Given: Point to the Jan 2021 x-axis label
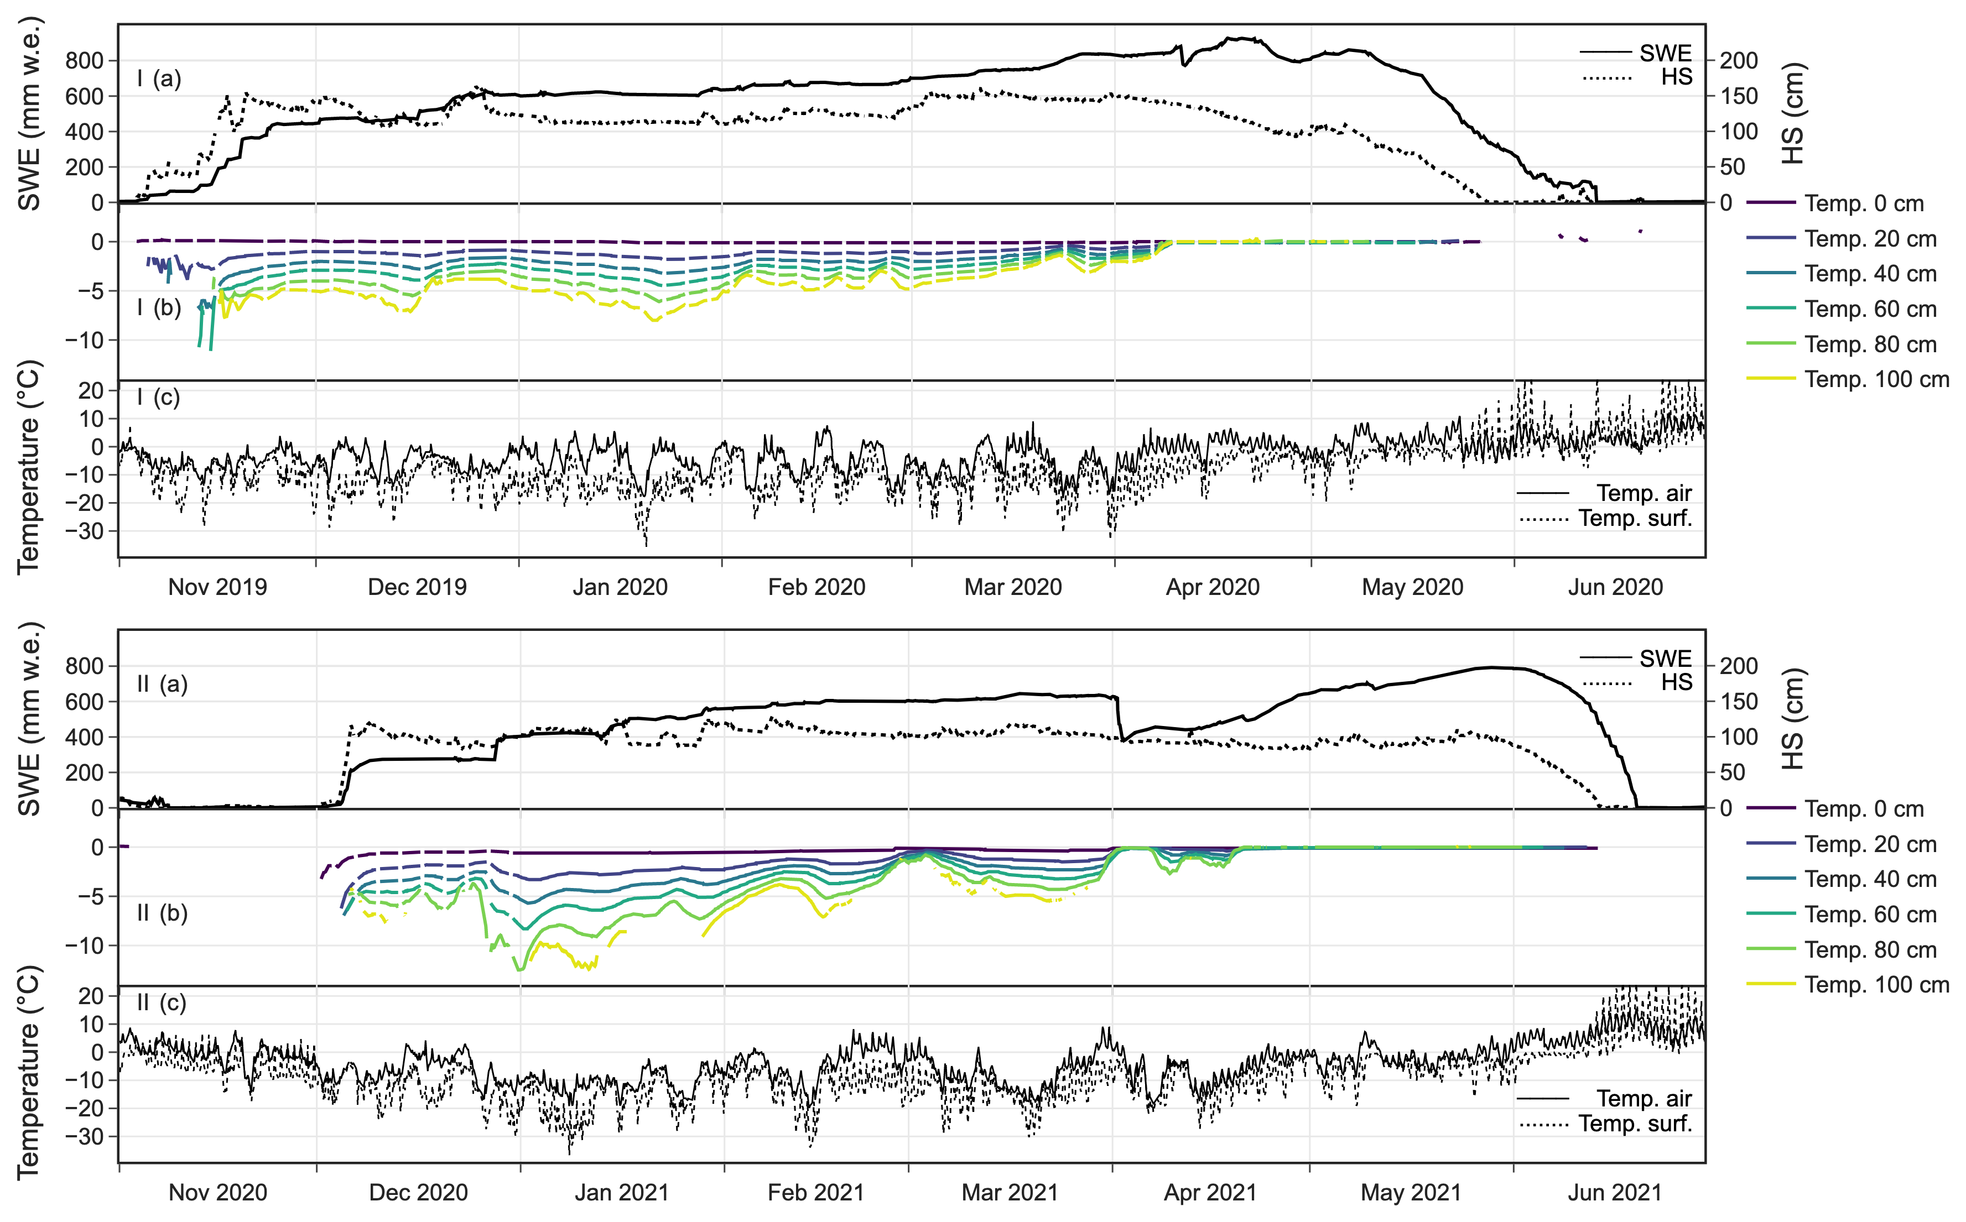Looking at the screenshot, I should pos(622,1192).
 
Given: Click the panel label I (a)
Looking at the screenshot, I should pos(159,79).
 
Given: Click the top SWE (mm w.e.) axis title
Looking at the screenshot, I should pos(29,113).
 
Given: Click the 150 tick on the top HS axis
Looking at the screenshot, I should pos(1739,96).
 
